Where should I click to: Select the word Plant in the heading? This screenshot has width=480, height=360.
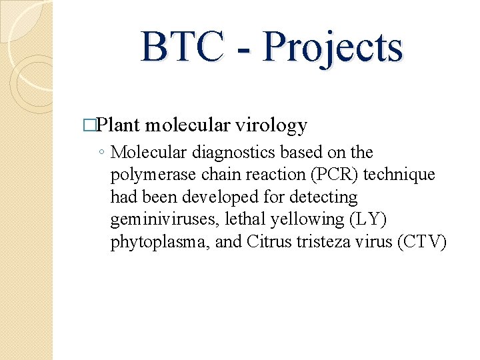click(x=120, y=125)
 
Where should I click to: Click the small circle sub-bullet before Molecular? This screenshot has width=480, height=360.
click(x=99, y=153)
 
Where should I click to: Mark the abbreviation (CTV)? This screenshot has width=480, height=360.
click(x=421, y=241)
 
